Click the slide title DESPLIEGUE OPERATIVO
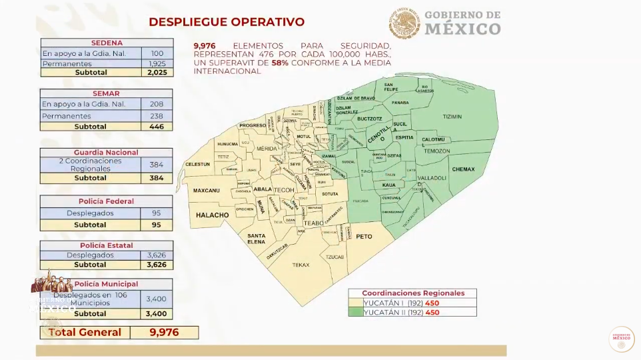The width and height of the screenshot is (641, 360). pos(227,22)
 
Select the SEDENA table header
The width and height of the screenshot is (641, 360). pos(107,43)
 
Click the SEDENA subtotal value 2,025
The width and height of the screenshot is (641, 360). pos(157,72)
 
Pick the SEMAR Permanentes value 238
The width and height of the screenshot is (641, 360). pos(157,116)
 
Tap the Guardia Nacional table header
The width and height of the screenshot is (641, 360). pos(107,152)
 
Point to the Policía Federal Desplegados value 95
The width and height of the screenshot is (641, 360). pos(157,213)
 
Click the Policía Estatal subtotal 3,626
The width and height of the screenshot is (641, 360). pos(157,265)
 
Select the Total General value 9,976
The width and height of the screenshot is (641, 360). pos(164,332)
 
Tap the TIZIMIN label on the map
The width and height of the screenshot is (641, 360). pos(452,116)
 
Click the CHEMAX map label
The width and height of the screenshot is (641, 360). pos(463,169)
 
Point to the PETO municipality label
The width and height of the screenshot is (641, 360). pos(364,237)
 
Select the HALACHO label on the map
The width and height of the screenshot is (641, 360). pos(212,215)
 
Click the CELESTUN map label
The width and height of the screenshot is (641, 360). pos(198,164)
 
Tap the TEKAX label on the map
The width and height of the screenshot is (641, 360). pos(301,265)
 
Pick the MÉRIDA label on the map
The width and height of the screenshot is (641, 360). pos(267,148)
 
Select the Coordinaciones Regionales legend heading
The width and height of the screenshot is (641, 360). pos(412,293)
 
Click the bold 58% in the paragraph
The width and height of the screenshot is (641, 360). pos(279,62)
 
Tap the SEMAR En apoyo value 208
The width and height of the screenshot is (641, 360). pos(157,104)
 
